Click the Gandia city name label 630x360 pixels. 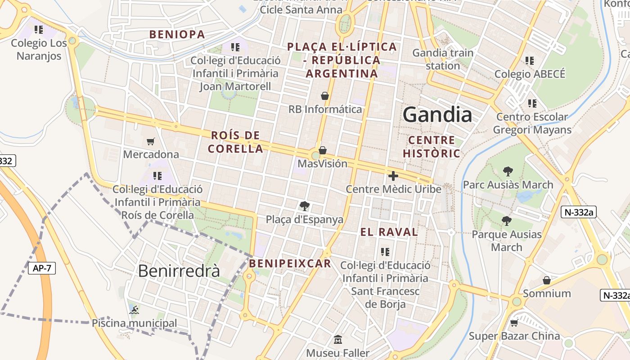437,115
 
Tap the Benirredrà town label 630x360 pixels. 179,271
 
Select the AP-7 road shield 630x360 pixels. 42,269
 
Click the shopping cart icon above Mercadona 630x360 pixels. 151,142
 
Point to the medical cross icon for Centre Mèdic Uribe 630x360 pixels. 393,176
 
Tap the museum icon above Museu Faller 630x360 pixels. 338,339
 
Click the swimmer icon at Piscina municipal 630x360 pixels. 134,310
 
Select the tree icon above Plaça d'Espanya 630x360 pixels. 305,206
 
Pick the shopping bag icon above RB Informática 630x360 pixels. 325,96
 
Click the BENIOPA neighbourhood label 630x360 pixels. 177,34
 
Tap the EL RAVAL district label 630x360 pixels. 389,232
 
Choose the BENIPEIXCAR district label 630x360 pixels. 290,263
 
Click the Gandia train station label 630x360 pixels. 443,59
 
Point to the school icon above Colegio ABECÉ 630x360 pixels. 530,60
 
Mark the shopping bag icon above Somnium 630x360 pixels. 547,280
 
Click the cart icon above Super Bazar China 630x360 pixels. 514,323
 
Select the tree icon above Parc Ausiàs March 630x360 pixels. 508,171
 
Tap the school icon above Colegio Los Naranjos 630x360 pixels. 39,30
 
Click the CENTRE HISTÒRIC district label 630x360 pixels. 432,147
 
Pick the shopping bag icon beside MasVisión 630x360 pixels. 323,150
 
